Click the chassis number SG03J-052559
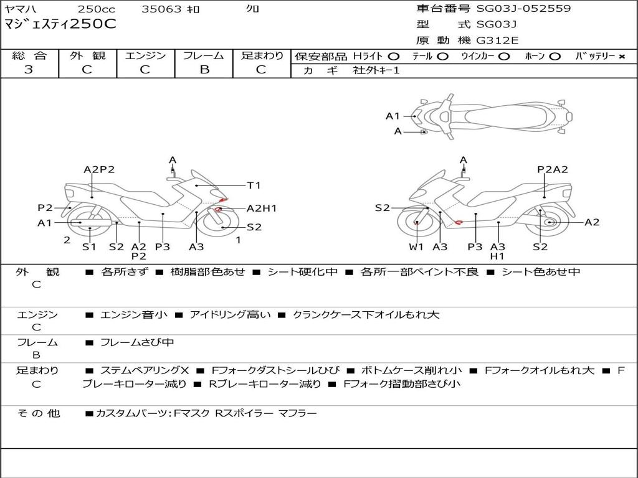(x=523, y=9)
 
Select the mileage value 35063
(x=161, y=9)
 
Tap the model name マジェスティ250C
(x=60, y=25)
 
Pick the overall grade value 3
(x=29, y=70)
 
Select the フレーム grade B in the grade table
(x=204, y=70)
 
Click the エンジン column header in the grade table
(x=145, y=55)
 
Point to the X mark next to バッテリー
(x=621, y=57)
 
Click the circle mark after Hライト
(x=393, y=57)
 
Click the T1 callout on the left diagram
(x=254, y=185)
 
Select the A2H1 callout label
(x=262, y=209)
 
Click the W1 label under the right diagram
(x=416, y=246)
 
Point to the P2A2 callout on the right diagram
(x=553, y=169)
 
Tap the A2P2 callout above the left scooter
(x=99, y=169)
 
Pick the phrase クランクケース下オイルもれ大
(x=366, y=315)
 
